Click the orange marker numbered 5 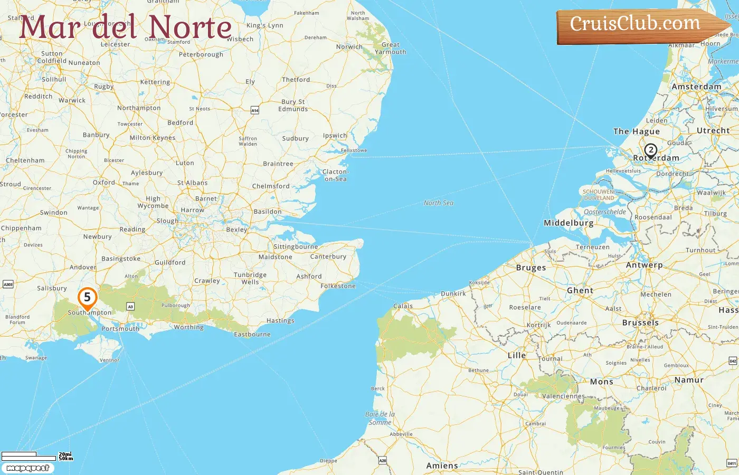[x=87, y=298]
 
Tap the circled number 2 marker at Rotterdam [x=650, y=150]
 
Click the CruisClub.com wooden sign [x=636, y=24]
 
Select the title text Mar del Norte [x=126, y=27]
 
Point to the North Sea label [x=438, y=203]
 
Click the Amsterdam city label [x=696, y=87]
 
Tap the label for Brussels [x=640, y=322]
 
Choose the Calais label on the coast [x=403, y=306]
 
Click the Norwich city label [x=349, y=47]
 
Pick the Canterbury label [x=328, y=256]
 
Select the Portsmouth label [x=120, y=329]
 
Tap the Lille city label [x=517, y=355]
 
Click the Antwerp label [x=644, y=265]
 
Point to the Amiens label [x=442, y=465]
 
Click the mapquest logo [x=27, y=468]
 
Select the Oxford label [x=104, y=183]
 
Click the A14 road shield [x=255, y=110]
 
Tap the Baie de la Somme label [x=380, y=418]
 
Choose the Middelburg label [x=569, y=223]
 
